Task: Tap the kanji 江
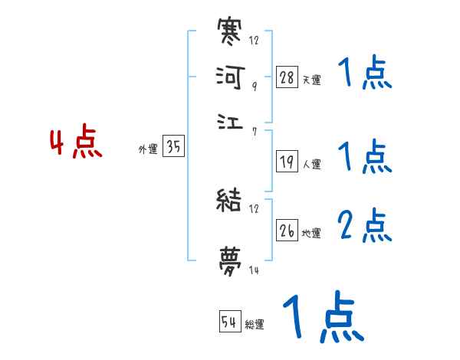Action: (x=230, y=121)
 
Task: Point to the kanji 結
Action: (x=230, y=201)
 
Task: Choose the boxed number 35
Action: (x=173, y=147)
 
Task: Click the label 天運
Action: (x=311, y=79)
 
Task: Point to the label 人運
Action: (x=311, y=164)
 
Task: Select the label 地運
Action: (x=311, y=234)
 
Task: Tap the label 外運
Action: (x=148, y=150)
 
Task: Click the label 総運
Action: (x=255, y=325)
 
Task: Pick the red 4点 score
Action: (x=76, y=144)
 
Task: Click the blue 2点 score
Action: (x=365, y=226)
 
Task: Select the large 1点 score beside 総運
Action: (x=322, y=317)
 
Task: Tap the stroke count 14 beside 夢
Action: (x=254, y=269)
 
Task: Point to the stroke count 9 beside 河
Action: (x=254, y=87)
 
